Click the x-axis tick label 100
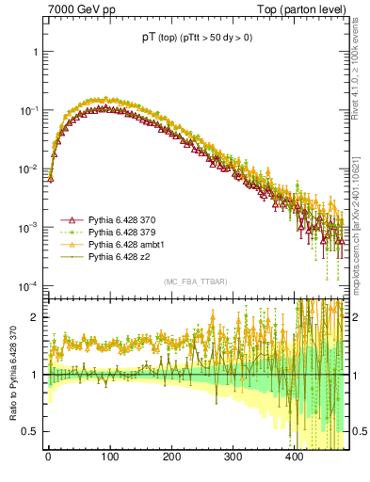click(109, 458)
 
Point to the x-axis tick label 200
click(170, 458)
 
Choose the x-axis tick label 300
click(233, 458)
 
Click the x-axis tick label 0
click(48, 458)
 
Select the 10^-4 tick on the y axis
click(28, 286)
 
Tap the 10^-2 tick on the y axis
click(28, 169)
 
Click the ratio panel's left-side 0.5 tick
click(31, 431)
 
